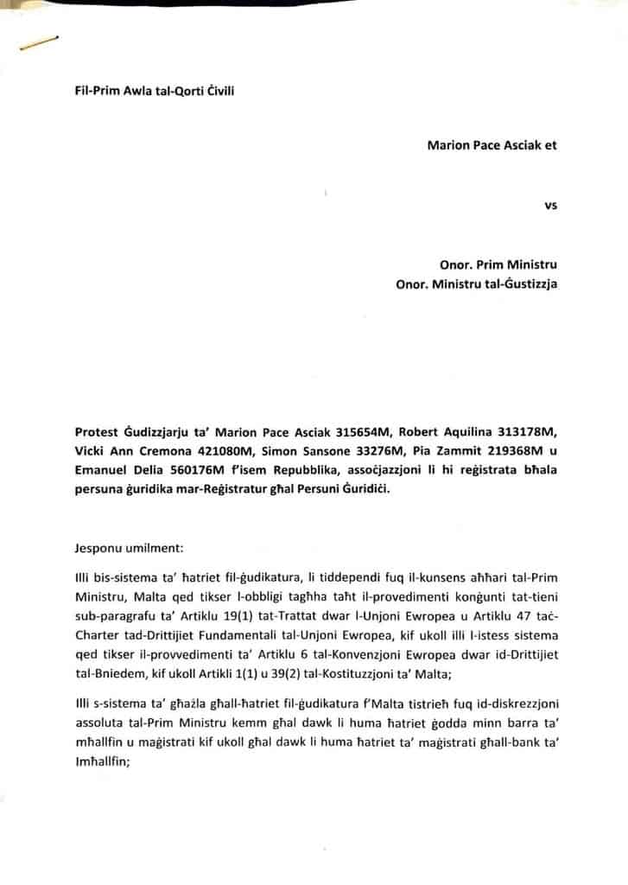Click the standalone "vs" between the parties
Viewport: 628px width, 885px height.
tap(550, 206)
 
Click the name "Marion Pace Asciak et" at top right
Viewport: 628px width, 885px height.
tap(492, 145)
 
